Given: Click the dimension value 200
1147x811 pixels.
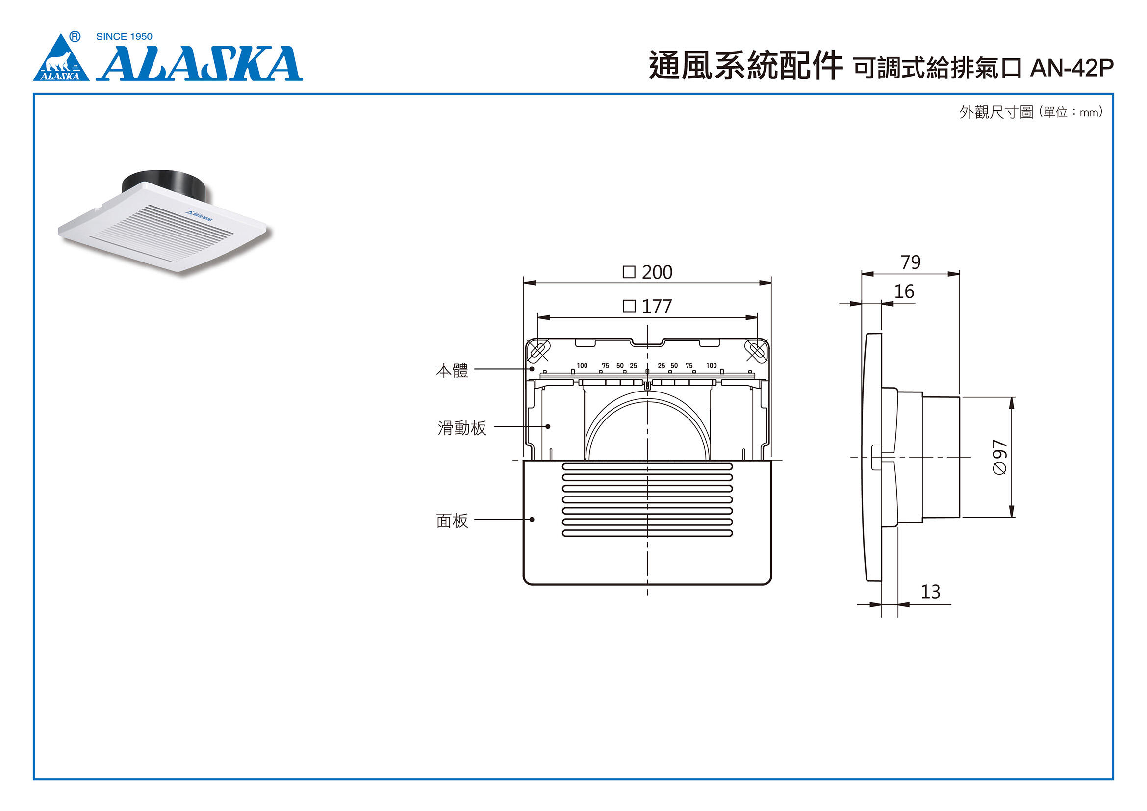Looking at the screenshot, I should pyautogui.click(x=657, y=272).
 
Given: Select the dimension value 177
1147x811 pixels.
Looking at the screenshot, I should pyautogui.click(x=657, y=306).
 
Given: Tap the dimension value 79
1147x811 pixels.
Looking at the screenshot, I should pyautogui.click(x=910, y=262).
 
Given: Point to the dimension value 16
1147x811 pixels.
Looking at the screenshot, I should pyautogui.click(x=904, y=292).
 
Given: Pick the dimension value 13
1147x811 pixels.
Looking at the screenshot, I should pyautogui.click(x=930, y=592).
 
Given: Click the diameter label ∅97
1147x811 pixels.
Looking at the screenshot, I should pyautogui.click(x=999, y=457).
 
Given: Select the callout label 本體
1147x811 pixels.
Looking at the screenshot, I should pyautogui.click(x=452, y=371).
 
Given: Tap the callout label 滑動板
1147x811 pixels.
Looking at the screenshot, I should pyautogui.click(x=461, y=428).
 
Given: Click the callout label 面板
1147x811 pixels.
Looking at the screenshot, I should pyautogui.click(x=452, y=521).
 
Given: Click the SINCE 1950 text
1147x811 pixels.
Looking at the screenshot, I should pyautogui.click(x=124, y=36).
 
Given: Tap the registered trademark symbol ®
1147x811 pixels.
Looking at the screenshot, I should pyautogui.click(x=75, y=36).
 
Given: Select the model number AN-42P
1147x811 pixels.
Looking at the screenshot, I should pyautogui.click(x=1071, y=69).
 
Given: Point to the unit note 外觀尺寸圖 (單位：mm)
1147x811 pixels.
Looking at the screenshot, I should pyautogui.click(x=1030, y=112).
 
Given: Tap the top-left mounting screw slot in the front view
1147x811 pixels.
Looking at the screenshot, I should pyautogui.click(x=537, y=350).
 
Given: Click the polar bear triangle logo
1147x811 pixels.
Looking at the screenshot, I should pyautogui.click(x=61, y=60).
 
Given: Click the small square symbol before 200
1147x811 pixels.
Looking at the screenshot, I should pyautogui.click(x=629, y=272).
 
